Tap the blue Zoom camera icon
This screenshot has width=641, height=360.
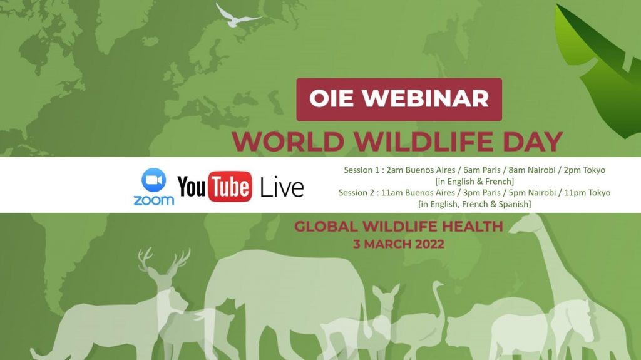tap(154, 180)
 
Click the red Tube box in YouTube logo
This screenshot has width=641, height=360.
tap(230, 187)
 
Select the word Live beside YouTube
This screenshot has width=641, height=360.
tap(282, 188)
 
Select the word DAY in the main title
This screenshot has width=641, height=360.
tap(533, 141)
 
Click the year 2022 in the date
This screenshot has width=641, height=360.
tap(429, 244)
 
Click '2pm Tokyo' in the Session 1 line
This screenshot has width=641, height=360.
tap(585, 170)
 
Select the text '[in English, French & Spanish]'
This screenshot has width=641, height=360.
tap(474, 203)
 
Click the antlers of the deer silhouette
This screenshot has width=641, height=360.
tap(163, 259)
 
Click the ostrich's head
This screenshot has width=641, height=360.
tap(438, 284)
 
